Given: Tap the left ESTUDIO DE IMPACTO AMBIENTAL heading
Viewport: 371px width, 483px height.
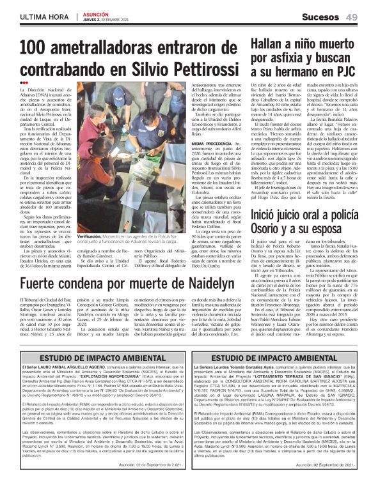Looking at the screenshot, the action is [x=95, y=358].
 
